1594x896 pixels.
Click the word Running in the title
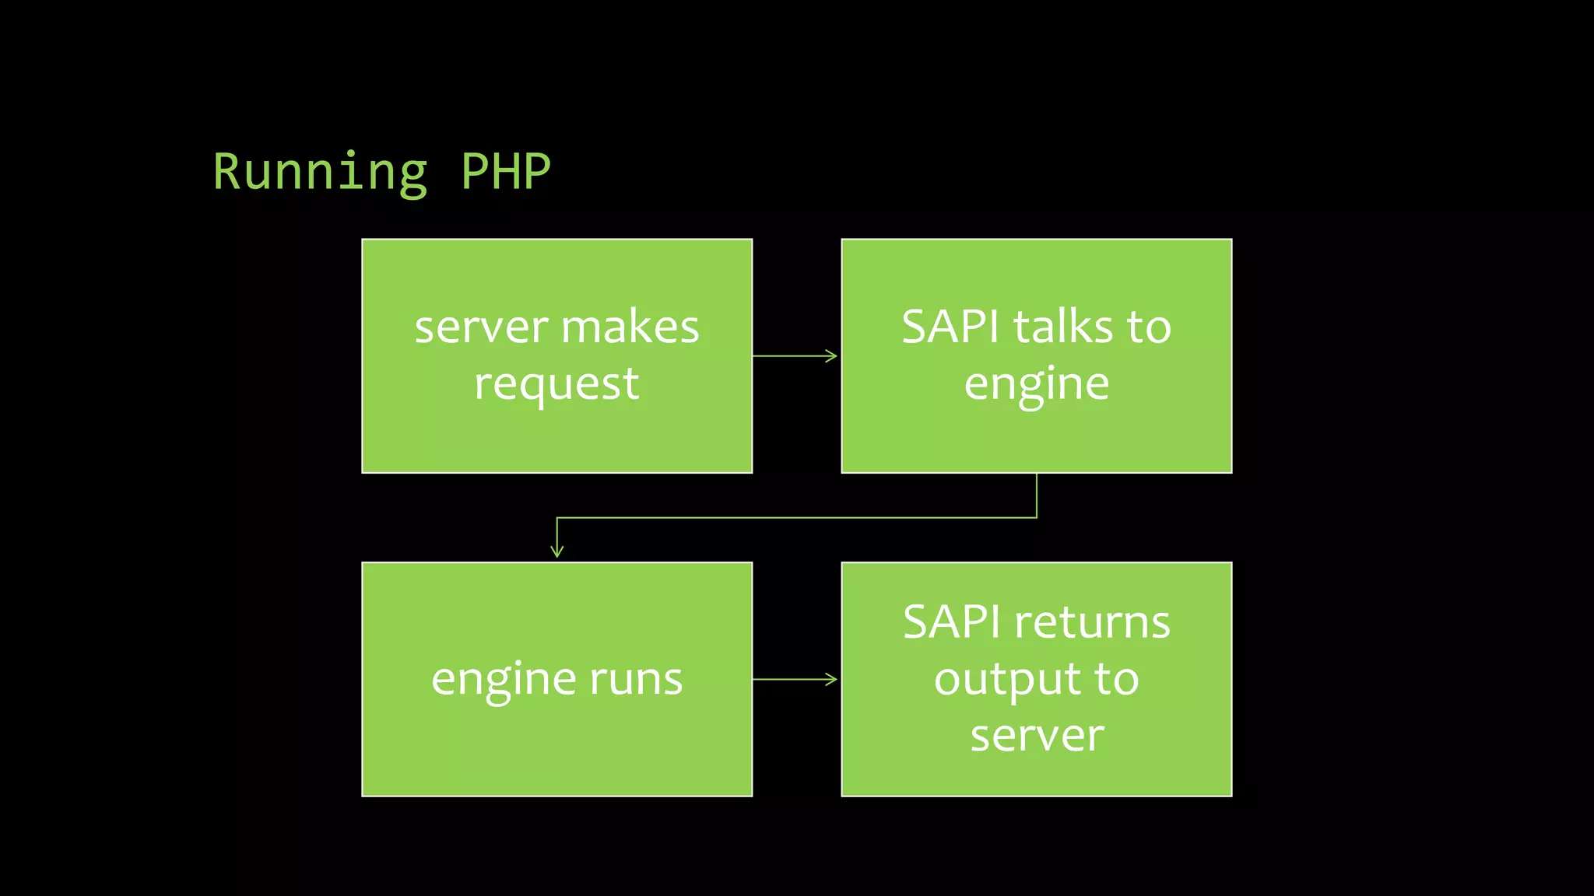click(x=320, y=173)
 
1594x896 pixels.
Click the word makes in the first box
click(x=630, y=327)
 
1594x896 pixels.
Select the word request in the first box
click(x=556, y=385)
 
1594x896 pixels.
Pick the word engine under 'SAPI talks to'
click(x=1036, y=385)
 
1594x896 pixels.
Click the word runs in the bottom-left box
click(x=636, y=679)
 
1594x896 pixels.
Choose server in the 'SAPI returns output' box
click(x=1036, y=736)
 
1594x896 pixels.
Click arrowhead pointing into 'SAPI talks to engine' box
click(x=832, y=356)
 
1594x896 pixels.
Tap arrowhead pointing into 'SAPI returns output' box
click(x=832, y=679)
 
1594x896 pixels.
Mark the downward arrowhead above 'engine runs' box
click(x=556, y=551)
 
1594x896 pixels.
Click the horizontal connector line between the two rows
click(x=794, y=517)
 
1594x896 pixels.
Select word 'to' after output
click(x=1117, y=679)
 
